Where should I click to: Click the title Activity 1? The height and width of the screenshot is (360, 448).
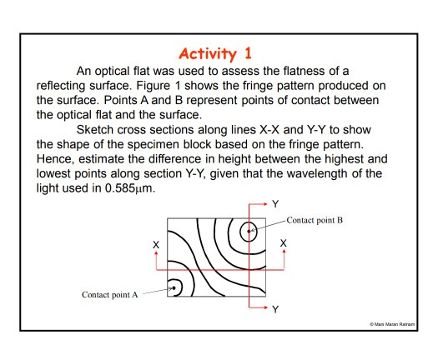(x=224, y=55)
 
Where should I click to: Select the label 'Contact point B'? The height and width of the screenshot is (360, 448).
(x=314, y=220)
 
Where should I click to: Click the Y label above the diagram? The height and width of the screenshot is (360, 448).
(x=275, y=203)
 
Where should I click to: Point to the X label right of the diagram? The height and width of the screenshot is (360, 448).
(x=284, y=243)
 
